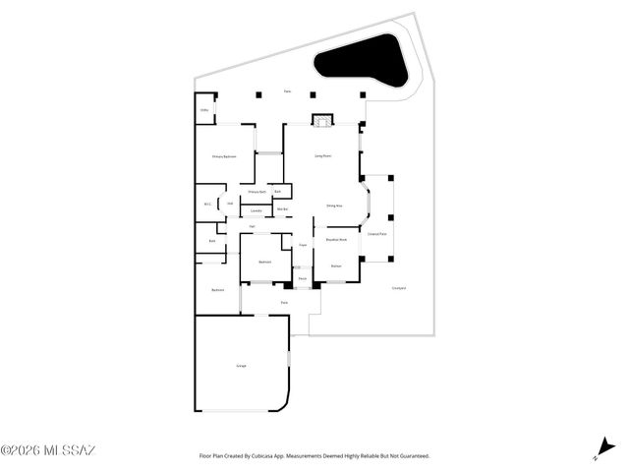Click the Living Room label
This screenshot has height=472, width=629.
[320, 156]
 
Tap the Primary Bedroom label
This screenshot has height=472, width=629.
[224, 157]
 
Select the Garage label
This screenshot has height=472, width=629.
[241, 366]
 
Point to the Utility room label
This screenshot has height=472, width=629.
[204, 110]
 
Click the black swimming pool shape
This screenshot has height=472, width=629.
[359, 61]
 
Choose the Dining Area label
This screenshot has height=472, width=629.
[334, 206]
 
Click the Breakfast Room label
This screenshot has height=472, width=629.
[336, 239]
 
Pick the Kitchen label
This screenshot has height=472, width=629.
[335, 265]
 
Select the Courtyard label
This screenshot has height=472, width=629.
[399, 288]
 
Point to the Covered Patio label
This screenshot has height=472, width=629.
[377, 234]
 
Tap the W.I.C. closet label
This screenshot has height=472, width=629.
[208, 205]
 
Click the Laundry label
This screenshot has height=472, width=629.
[256, 210]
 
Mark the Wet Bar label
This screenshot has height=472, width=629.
[282, 209]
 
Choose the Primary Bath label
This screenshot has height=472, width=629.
[257, 192]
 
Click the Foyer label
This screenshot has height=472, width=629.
[303, 244]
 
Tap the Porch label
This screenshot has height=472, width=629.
[303, 278]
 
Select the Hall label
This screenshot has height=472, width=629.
[253, 227]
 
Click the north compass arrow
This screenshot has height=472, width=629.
[599, 448]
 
